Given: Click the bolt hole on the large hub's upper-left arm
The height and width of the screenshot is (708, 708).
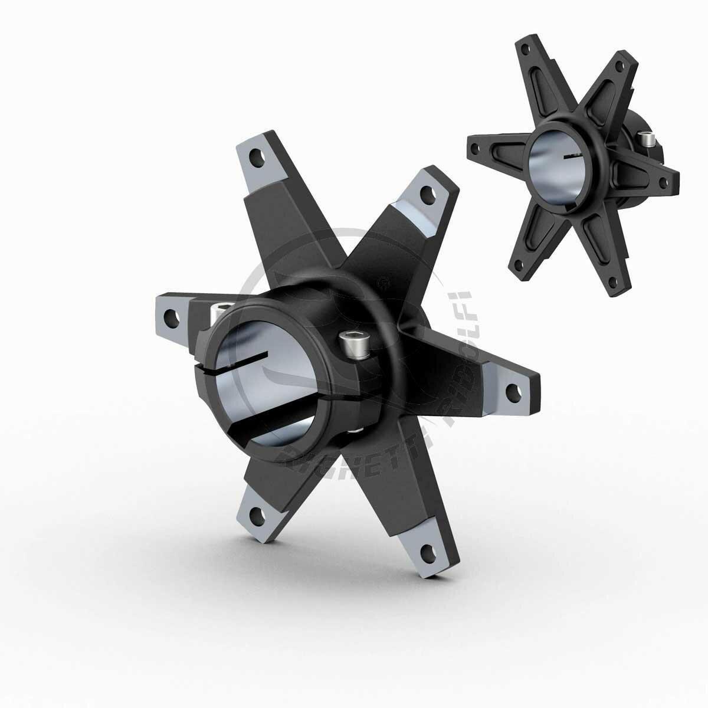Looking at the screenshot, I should click(258, 159).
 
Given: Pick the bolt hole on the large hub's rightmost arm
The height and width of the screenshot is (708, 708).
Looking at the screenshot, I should click(517, 390).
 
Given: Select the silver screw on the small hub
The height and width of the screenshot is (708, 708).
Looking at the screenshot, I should click(648, 140).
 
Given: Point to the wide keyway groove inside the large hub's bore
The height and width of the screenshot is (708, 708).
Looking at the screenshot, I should click(260, 420).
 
